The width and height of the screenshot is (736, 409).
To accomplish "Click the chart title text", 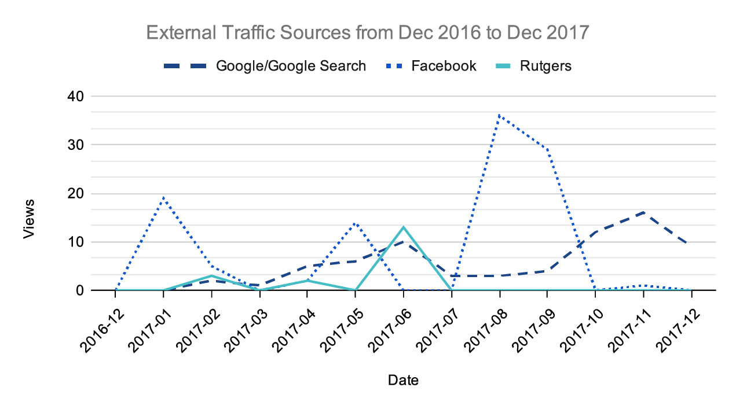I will pyautogui.click(x=368, y=32).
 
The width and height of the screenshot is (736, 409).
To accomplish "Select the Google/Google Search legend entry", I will pyautogui.click(x=290, y=66).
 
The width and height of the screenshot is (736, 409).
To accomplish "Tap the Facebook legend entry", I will pyautogui.click(x=444, y=66).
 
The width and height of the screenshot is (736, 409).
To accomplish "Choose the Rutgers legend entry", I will pyautogui.click(x=545, y=66).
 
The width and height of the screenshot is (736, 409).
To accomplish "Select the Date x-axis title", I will pyautogui.click(x=403, y=380).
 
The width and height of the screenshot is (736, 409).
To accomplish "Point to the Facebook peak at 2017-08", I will pyautogui.click(x=499, y=116).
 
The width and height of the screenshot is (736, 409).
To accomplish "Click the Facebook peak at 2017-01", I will pyautogui.click(x=164, y=198).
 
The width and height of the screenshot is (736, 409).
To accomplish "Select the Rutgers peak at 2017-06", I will pyautogui.click(x=404, y=227).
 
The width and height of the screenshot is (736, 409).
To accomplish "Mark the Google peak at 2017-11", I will pyautogui.click(x=643, y=212).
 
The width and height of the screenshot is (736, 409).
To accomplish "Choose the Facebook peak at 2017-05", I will pyautogui.click(x=356, y=223).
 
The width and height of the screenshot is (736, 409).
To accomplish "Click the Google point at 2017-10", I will pyautogui.click(x=595, y=232).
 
